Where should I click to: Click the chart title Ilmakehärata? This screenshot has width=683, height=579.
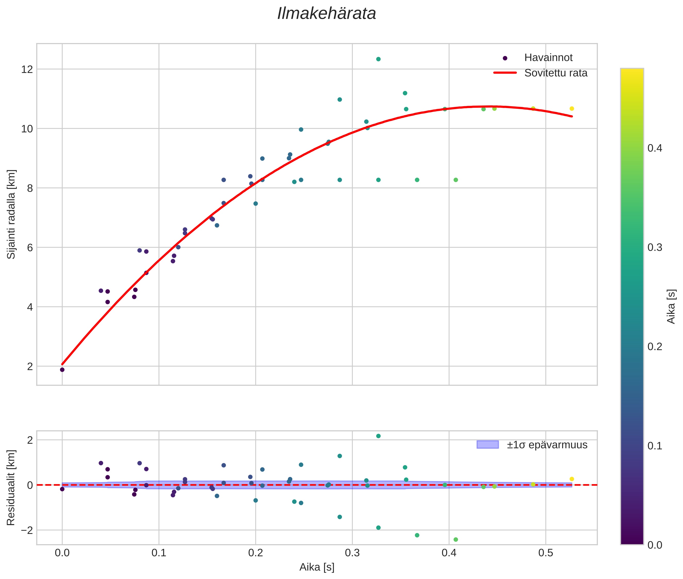(x=326, y=14)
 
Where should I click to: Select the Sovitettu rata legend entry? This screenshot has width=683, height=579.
(x=555, y=73)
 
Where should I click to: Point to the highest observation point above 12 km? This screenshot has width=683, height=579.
(x=378, y=59)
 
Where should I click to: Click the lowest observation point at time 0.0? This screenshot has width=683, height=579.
(x=62, y=370)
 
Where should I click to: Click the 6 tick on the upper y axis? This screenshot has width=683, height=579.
(x=30, y=247)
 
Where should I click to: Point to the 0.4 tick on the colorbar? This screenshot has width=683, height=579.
(x=654, y=148)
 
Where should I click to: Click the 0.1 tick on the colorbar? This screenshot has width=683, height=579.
(x=654, y=446)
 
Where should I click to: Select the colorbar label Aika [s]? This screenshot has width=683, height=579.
(x=671, y=306)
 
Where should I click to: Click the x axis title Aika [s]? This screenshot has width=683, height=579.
(x=317, y=567)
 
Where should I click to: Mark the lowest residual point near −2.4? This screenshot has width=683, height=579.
(x=456, y=540)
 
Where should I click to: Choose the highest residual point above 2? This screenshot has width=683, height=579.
(x=378, y=436)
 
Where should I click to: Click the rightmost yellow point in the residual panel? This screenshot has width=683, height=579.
(x=571, y=479)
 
